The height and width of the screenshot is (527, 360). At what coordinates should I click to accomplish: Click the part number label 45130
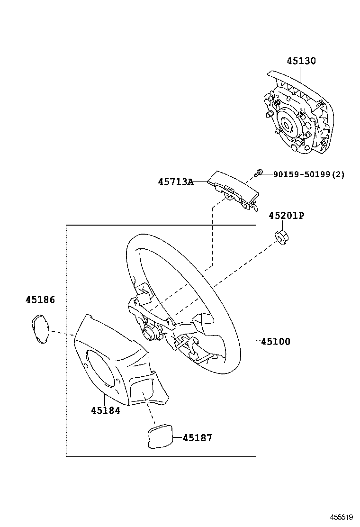[x=301, y=61]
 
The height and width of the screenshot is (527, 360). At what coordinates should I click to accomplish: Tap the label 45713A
[x=175, y=182]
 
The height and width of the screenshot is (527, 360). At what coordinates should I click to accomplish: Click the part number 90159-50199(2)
[x=309, y=174]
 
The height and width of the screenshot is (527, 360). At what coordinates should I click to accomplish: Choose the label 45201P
[x=286, y=216]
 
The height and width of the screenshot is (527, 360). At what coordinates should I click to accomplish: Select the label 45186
[x=40, y=300]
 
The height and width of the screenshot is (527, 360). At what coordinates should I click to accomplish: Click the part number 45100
[x=275, y=341]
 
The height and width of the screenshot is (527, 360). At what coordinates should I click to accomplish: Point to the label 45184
[x=105, y=410]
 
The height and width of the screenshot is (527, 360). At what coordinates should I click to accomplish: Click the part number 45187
[x=197, y=437]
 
